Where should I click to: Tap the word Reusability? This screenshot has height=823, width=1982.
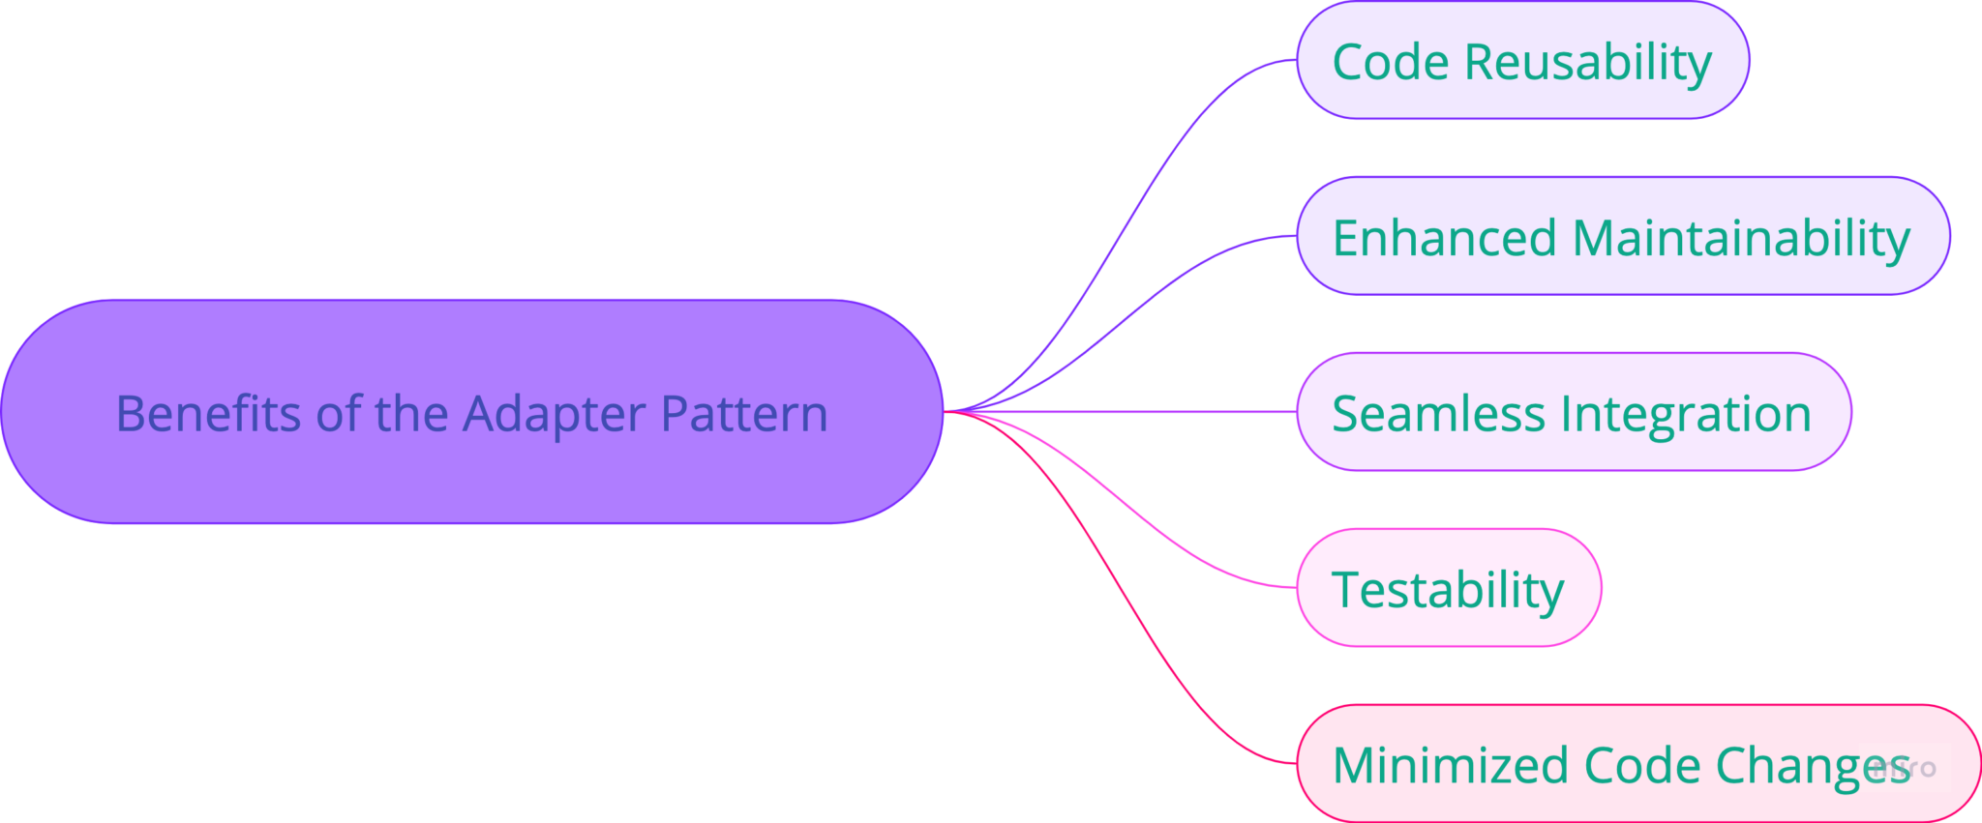click(1587, 62)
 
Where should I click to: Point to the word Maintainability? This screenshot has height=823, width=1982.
click(1740, 238)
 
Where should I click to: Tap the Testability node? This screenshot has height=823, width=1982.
click(1448, 589)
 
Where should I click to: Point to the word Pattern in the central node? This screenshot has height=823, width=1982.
click(744, 414)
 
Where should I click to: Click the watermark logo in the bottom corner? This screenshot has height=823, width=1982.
click(1905, 768)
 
